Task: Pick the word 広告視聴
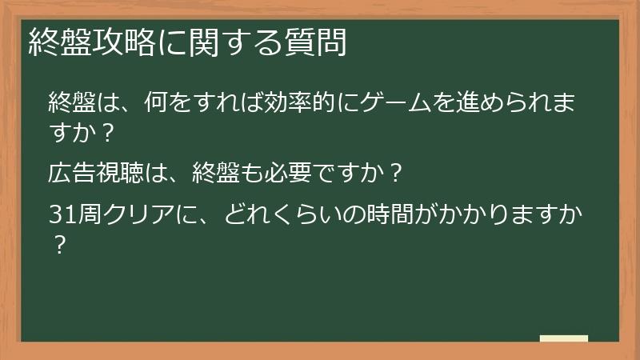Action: click(x=95, y=172)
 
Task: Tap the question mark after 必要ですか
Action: click(x=392, y=172)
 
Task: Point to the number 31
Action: click(x=61, y=214)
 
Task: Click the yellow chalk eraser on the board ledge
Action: click(x=563, y=338)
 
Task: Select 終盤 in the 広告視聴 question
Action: click(x=198, y=172)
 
